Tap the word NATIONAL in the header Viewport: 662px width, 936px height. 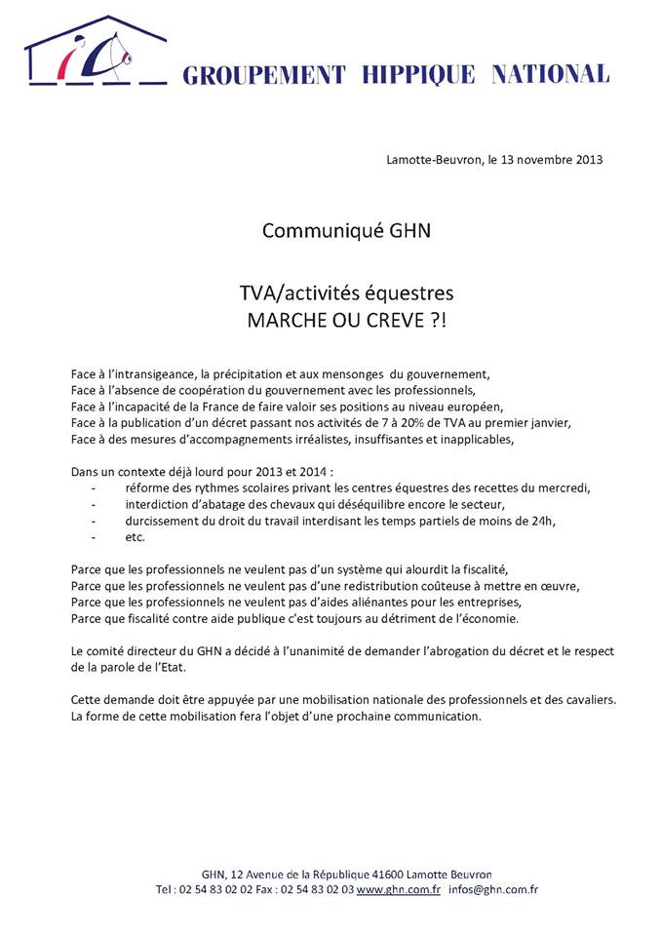point(551,74)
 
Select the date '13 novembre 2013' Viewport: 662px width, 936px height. point(552,159)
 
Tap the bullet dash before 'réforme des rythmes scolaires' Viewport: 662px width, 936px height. point(93,487)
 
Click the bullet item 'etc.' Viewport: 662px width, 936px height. point(135,536)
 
